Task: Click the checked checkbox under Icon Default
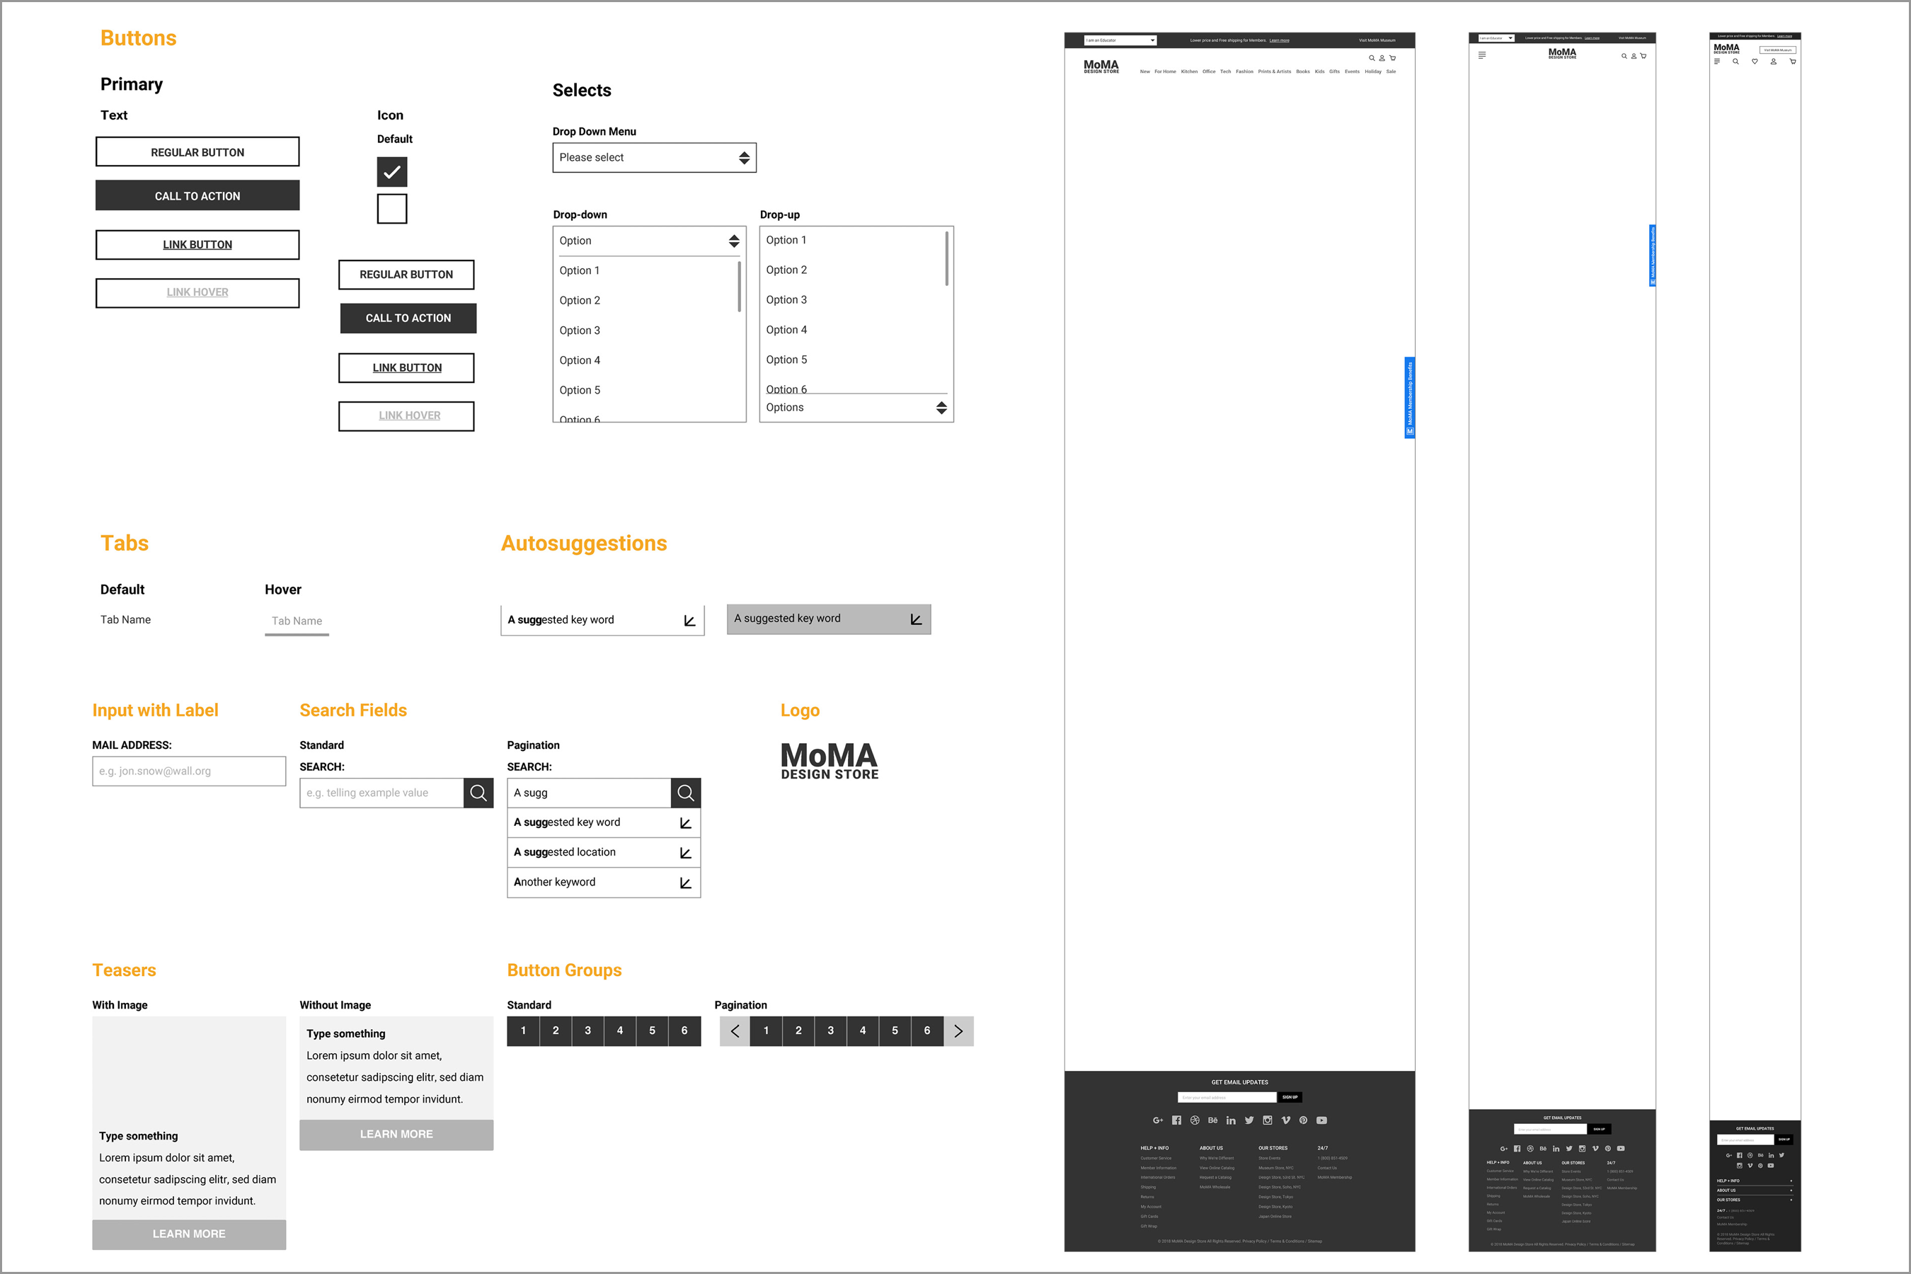(x=391, y=172)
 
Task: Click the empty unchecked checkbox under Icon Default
(x=391, y=209)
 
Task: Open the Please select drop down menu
(x=654, y=158)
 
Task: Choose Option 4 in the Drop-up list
(x=786, y=329)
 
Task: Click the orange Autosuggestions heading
(x=583, y=543)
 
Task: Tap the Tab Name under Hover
(x=297, y=621)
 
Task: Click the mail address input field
(x=188, y=771)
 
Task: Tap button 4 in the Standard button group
(x=620, y=1031)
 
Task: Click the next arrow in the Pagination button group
(x=958, y=1031)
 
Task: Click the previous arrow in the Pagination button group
(x=735, y=1031)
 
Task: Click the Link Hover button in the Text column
(x=197, y=292)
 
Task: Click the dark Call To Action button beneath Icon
(x=408, y=318)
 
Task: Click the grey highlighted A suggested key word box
(x=828, y=619)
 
